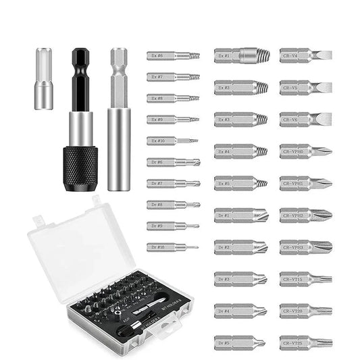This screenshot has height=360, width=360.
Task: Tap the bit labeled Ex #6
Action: point(173,56)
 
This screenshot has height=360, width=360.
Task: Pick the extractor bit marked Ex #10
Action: point(173,140)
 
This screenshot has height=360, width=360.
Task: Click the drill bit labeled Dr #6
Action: point(173,162)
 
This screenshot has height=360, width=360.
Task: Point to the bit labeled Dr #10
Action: point(173,247)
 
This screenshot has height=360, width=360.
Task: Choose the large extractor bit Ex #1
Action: point(240,55)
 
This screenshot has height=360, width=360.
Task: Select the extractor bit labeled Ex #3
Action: point(240,120)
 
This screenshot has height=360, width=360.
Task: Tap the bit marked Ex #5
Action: point(240,183)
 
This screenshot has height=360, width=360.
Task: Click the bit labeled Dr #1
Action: point(240,215)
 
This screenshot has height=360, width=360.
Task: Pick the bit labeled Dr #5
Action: point(240,342)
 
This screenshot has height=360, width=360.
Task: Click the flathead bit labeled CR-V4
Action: point(305,55)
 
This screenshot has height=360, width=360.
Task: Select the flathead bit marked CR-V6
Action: point(305,120)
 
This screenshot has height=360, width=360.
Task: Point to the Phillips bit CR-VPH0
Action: point(305,151)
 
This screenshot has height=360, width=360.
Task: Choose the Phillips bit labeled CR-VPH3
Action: point(305,247)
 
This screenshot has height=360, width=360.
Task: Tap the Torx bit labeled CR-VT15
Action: point(305,278)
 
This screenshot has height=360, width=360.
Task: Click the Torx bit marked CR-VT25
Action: point(305,342)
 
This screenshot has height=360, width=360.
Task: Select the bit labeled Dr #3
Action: point(240,278)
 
